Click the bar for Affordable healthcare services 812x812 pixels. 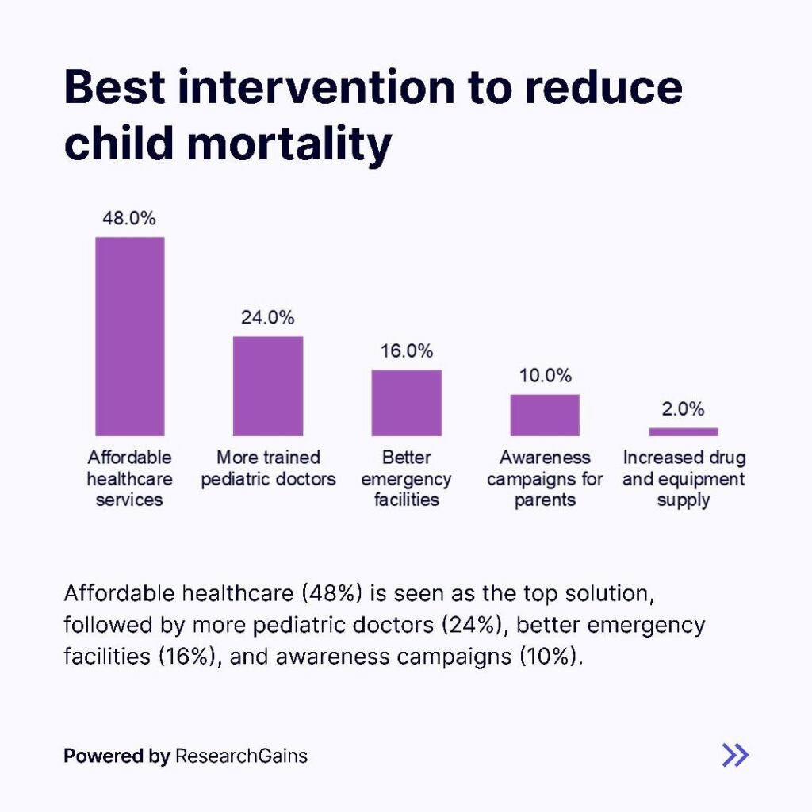(130, 336)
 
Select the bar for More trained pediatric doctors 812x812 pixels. (267, 386)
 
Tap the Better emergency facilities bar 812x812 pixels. (406, 403)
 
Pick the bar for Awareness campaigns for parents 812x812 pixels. (545, 415)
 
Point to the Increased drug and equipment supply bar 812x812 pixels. (683, 431)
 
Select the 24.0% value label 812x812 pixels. (267, 318)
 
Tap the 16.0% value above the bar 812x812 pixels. (406, 351)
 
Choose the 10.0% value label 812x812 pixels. (545, 376)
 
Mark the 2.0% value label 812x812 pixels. (683, 409)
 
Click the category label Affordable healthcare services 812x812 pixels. (129, 478)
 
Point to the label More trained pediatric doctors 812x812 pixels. (268, 469)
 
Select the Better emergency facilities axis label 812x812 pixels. (406, 478)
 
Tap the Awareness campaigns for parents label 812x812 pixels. (545, 478)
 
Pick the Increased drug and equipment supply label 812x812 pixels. (684, 478)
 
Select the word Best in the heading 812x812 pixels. (113, 87)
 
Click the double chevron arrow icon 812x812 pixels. (735, 755)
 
